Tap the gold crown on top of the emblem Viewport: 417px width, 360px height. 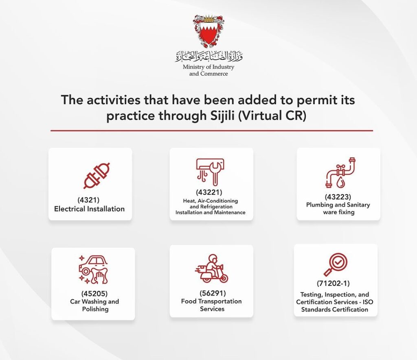[208, 19]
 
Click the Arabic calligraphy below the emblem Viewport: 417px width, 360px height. [208, 56]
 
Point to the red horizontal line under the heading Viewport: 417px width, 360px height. [212, 131]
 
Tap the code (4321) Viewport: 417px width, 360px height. [88, 200]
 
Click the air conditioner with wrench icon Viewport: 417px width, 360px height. [210, 172]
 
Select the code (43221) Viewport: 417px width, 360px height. [209, 192]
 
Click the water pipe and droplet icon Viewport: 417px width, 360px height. [341, 173]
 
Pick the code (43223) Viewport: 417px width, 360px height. [338, 197]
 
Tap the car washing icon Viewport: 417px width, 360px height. [93, 269]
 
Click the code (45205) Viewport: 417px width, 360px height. [94, 294]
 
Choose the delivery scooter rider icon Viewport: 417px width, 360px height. [211, 268]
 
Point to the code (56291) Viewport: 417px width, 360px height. [213, 293]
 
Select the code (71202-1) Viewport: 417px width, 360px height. [333, 284]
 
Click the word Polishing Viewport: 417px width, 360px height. [95, 309]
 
